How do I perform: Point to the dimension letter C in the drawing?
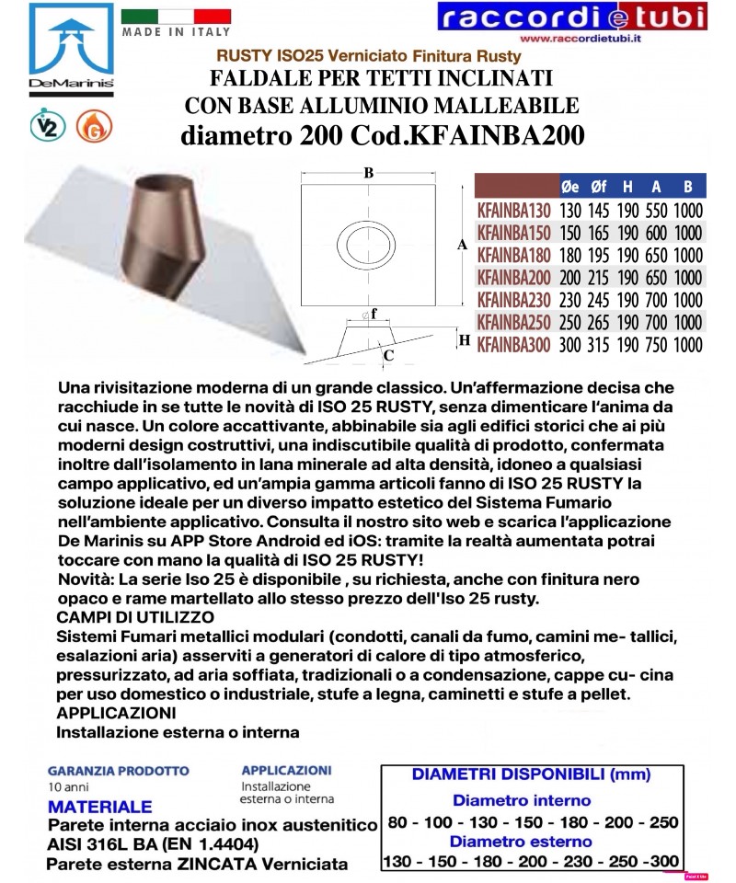pyautogui.click(x=389, y=355)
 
